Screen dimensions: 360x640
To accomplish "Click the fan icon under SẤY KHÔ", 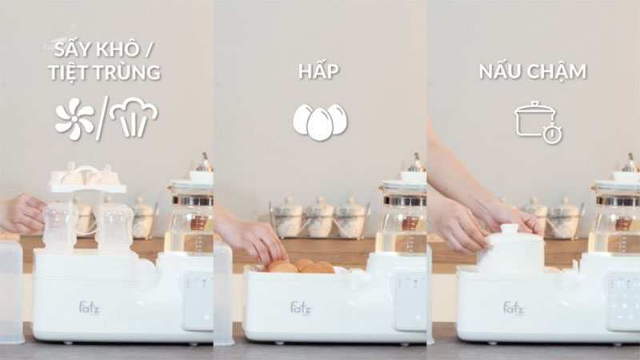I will click(x=74, y=118).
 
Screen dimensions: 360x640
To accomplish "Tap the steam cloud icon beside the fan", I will click(x=134, y=118).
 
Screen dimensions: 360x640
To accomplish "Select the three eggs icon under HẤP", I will click(x=320, y=121).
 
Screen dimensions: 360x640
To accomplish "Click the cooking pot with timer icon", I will click(x=536, y=122).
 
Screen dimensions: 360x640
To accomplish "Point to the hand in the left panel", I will click(x=22, y=213).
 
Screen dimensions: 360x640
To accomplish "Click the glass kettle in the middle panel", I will click(x=403, y=216).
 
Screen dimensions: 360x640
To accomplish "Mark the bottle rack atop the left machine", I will click(x=88, y=180).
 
